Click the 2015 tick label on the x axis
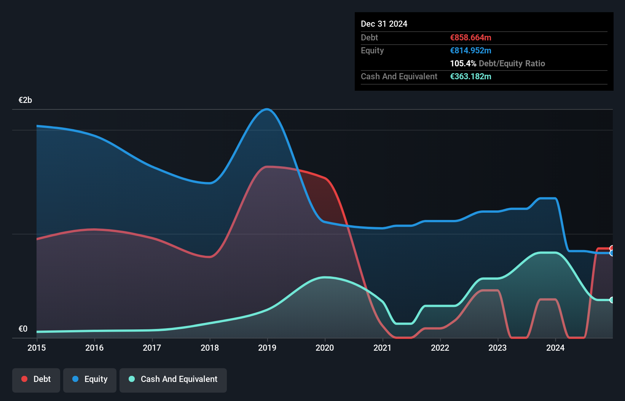click(x=37, y=348)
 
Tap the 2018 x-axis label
click(x=210, y=348)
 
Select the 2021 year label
click(x=383, y=348)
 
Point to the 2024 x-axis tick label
click(x=555, y=348)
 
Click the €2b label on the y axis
click(x=25, y=100)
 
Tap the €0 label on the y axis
click(x=23, y=329)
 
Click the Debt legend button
click(x=36, y=379)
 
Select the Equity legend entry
click(x=90, y=379)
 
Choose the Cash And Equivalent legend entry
click(x=173, y=379)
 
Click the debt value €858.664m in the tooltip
click(x=470, y=38)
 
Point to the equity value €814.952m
click(x=470, y=51)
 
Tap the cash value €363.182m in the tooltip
click(x=470, y=77)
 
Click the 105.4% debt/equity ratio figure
click(x=463, y=64)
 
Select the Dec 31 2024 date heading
click(x=384, y=24)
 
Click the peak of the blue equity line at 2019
click(x=267, y=109)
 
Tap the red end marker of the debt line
click(x=612, y=249)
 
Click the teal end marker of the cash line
click(x=612, y=300)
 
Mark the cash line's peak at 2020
click(x=325, y=277)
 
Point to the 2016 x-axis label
click(x=94, y=348)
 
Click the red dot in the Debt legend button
click(x=24, y=379)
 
